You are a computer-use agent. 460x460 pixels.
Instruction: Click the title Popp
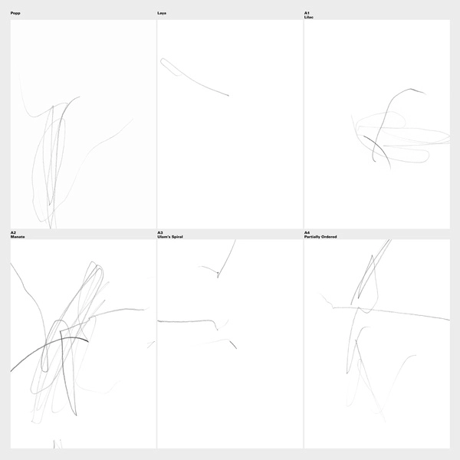[x=15, y=13]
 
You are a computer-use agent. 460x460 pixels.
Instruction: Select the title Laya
[x=162, y=13]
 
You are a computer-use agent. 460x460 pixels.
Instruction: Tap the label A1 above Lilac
[x=307, y=13]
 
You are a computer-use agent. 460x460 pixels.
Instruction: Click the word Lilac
[x=309, y=18]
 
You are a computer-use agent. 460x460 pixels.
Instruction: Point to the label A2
[x=13, y=232]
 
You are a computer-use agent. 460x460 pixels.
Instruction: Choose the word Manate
[x=18, y=237]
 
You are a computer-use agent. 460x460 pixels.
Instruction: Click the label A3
[x=160, y=232]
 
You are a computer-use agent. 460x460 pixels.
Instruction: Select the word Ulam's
[x=163, y=237]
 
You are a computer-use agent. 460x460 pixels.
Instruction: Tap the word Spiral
[x=177, y=237]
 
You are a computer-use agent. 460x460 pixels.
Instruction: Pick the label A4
[x=307, y=232]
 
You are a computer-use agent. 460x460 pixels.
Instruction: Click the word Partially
[x=312, y=237]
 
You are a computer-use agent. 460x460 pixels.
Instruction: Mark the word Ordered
[x=329, y=237]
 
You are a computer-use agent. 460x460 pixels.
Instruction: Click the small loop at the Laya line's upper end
[x=163, y=62]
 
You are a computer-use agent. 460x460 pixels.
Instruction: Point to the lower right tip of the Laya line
[x=228, y=96]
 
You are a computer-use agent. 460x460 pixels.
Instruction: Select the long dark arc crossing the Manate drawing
[x=47, y=344]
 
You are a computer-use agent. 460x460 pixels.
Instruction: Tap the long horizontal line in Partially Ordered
[x=390, y=311]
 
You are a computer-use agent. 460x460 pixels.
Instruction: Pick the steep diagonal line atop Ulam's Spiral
[x=226, y=259]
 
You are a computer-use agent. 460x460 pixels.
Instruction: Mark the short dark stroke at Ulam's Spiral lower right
[x=233, y=344]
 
